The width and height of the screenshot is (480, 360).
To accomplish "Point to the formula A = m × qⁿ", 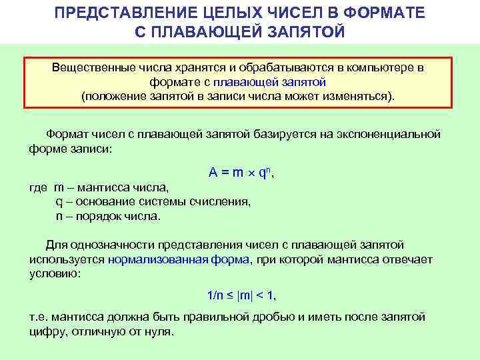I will [241, 173].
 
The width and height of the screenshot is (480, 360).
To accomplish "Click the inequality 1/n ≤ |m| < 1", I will [241, 295].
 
